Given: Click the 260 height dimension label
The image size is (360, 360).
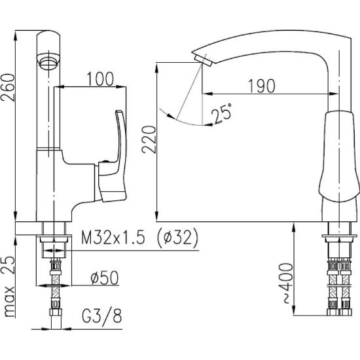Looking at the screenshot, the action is click(9, 88).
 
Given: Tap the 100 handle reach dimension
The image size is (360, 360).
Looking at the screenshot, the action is click(100, 79).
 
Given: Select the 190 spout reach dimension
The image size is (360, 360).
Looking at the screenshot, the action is click(262, 86).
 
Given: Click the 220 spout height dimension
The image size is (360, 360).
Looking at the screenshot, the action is click(149, 139).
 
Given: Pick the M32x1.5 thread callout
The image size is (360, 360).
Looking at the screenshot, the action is click(113, 237).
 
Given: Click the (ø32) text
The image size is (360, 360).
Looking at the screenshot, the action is click(177, 238).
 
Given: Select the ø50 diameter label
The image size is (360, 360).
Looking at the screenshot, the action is click(105, 278).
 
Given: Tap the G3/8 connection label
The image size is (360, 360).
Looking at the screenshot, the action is click(102, 315).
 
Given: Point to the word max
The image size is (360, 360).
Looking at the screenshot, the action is click(9, 302).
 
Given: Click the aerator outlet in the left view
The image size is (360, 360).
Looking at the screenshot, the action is click(48, 61).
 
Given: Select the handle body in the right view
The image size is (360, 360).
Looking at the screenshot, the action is click(339, 156).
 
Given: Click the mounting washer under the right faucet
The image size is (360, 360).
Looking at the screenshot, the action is click(339, 236).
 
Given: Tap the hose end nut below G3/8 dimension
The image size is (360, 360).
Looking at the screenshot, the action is click(56, 312).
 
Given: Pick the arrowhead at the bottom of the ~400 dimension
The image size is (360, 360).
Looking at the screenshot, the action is click(294, 310).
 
